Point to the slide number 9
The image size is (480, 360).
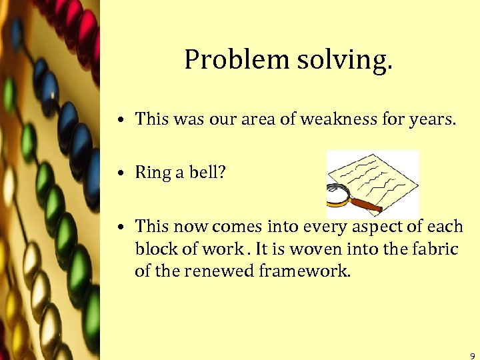click(472, 355)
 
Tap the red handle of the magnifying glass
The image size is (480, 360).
click(365, 204)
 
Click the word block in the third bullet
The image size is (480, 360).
click(152, 249)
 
